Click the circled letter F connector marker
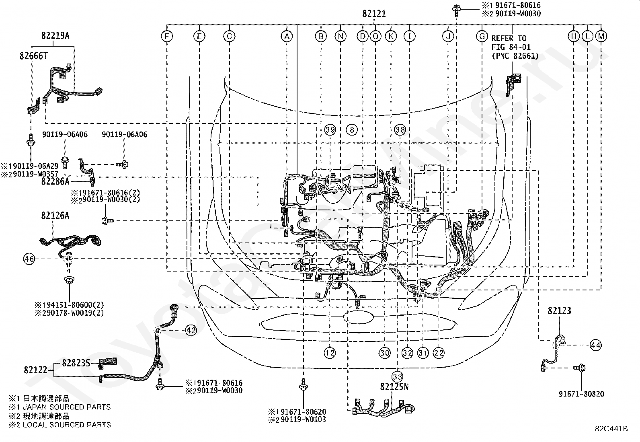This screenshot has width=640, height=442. coord(166,37)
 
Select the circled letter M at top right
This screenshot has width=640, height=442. coord(601,37)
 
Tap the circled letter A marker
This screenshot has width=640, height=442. coord(286,37)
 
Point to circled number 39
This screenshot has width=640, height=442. coord(330,130)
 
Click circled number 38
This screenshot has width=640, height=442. coord(400,130)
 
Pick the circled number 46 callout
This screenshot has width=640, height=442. coord(29,259)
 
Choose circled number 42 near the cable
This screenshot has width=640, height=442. coord(191,330)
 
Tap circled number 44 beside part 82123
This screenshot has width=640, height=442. coord(596,345)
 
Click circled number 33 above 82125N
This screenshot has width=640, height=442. coord(398,376)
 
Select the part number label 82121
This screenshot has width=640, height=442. coord(374,14)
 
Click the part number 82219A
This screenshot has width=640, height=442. coord(55,36)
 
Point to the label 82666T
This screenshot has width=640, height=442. coord(33,56)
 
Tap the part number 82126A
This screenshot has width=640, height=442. coord(55,216)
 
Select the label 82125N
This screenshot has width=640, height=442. coord(394,387)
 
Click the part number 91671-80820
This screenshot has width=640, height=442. coord(581,394)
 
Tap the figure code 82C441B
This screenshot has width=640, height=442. coord(611,429)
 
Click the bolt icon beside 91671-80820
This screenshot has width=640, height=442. coord(581,368)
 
